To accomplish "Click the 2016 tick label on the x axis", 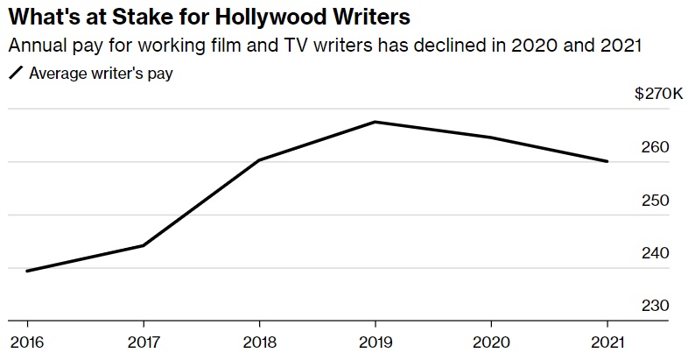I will click(x=26, y=341).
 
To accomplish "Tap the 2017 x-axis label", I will click(x=143, y=341).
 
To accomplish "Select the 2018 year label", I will click(x=259, y=341).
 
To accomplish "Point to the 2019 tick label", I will click(x=375, y=341).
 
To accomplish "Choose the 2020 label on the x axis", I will click(x=491, y=341).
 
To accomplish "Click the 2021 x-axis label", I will click(x=607, y=341).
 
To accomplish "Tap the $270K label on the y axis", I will click(x=659, y=94).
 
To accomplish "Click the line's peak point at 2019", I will click(x=375, y=122).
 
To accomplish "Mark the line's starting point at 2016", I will click(x=26, y=271).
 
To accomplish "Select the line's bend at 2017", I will click(x=143, y=245).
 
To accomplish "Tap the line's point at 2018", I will click(x=259, y=160).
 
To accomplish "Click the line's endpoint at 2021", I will click(x=607, y=161).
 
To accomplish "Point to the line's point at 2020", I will click(x=491, y=138).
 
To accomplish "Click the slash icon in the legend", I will click(x=16, y=74).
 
